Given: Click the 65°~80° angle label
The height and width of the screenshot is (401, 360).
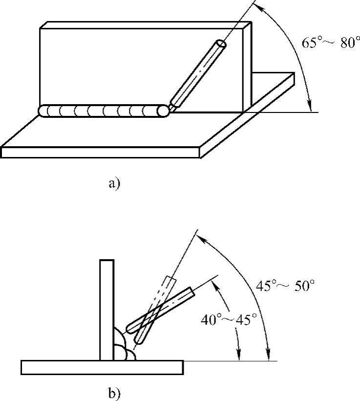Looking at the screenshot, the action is point(331,42).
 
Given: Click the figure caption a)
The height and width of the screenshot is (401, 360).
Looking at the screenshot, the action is point(114,183).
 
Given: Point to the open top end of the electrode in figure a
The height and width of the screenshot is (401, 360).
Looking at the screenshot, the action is point(221,44).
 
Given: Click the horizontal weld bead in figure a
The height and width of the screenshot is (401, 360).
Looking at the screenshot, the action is point(104,111).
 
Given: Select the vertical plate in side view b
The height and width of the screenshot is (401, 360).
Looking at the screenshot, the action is point(107,310).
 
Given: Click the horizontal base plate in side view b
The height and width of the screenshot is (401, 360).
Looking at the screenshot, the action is point(102,367).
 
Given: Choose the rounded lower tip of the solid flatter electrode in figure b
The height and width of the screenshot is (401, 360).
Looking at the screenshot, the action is point(129,329).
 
